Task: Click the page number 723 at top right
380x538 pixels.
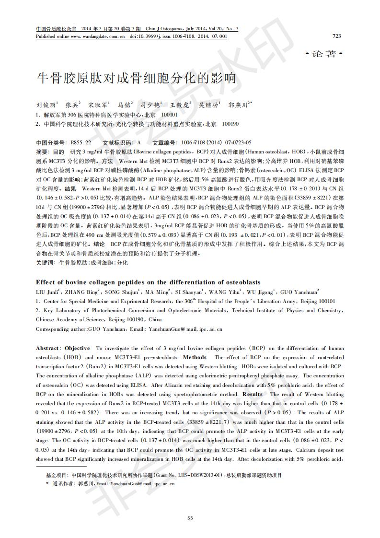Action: [x=336, y=36]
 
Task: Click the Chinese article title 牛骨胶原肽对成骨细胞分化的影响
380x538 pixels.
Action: [x=137, y=78]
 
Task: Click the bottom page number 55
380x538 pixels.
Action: [x=190, y=517]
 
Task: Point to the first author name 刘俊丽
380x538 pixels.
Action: [x=46, y=105]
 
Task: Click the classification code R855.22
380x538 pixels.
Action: [x=81, y=143]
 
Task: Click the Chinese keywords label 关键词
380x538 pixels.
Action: [x=46, y=263]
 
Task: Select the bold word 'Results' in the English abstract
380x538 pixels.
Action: [x=253, y=394]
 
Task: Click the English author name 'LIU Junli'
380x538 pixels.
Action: [x=47, y=292]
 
